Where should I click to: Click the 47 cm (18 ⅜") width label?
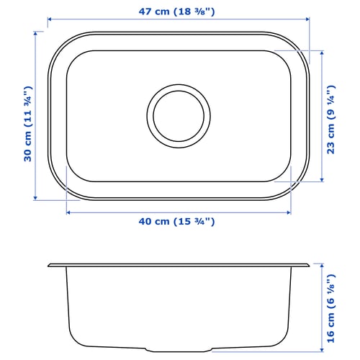pyautogui.click(x=179, y=11)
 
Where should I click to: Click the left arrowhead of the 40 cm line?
pyautogui.click(x=67, y=212)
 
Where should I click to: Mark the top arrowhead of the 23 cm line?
pyautogui.click(x=321, y=51)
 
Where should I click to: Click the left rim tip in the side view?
pyautogui.click(x=48, y=265)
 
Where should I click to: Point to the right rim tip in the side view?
pyautogui.click(x=312, y=265)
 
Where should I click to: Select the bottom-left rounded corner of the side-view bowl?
pyautogui.click(x=71, y=342)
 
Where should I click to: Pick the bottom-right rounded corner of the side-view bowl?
pyautogui.click(x=289, y=342)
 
